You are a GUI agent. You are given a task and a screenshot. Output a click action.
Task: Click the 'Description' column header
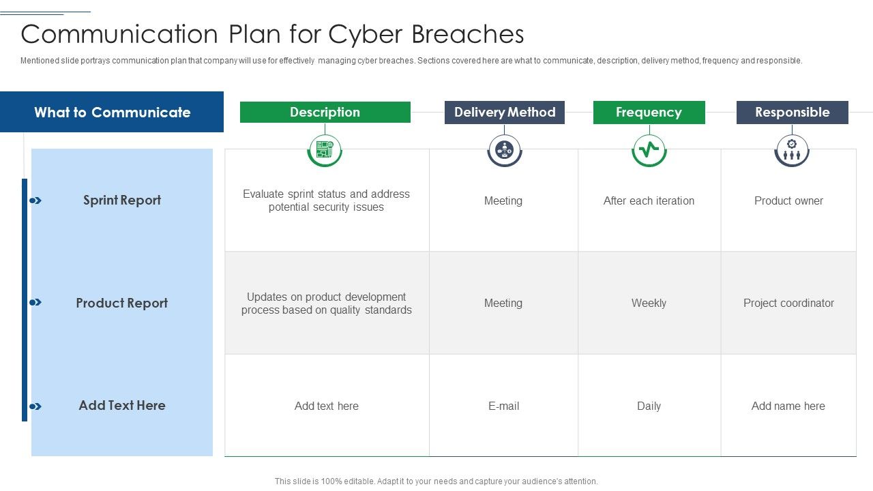coord(325,113)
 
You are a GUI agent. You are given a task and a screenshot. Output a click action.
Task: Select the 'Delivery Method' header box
coord(505,113)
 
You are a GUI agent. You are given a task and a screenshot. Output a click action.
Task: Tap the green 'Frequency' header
coord(649,113)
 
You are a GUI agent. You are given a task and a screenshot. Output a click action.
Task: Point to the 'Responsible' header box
coord(792,113)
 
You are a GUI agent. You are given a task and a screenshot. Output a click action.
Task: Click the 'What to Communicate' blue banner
coord(112,113)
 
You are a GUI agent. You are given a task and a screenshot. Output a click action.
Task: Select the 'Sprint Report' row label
coord(122,200)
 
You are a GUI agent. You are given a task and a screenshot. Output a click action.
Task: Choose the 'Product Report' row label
coord(121,303)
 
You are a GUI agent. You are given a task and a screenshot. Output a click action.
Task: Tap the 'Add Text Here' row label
coord(122,406)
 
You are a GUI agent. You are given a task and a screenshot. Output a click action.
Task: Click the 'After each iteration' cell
coord(649,201)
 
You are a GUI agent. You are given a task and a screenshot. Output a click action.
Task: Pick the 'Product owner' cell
coord(788,201)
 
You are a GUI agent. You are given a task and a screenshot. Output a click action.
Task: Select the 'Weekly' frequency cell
coord(649,303)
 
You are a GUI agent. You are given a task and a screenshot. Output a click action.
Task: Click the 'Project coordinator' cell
coord(788,303)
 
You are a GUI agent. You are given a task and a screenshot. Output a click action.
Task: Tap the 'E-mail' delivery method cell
coord(503,406)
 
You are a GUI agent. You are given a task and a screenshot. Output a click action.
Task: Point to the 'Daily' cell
coord(649,406)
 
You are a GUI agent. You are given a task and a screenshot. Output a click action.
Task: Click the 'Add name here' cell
coord(788,406)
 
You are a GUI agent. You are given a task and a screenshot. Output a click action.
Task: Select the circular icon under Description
coord(325,149)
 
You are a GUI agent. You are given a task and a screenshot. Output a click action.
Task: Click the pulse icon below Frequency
coord(649,149)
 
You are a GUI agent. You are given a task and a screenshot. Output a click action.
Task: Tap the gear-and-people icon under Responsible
coord(792,149)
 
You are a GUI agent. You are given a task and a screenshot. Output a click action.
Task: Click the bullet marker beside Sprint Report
coord(35,200)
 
